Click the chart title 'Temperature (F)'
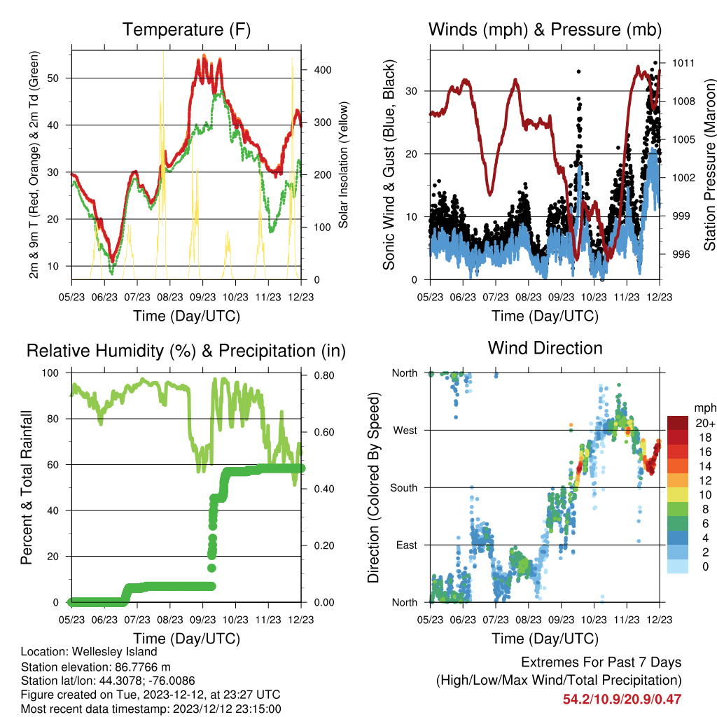coord(186,29)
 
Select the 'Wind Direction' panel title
coord(545,348)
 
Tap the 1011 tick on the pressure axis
coord(683,63)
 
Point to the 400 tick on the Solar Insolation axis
coord(323,70)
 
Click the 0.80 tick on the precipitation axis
coord(324,375)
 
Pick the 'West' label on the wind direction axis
coord(405,431)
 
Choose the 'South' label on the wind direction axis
coord(404,488)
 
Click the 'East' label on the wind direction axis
coord(407,545)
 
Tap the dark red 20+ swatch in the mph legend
coord(678,423)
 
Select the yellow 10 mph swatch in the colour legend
coord(678,495)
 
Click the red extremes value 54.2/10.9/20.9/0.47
coord(622,699)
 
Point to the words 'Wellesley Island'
coord(114,652)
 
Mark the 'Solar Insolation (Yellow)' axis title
coord(343,165)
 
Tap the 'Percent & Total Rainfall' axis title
coord(27,487)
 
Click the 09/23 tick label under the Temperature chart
coord(202,297)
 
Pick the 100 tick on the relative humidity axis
coord(50,373)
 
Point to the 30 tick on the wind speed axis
coord(412,91)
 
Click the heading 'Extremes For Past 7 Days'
coord(601,662)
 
